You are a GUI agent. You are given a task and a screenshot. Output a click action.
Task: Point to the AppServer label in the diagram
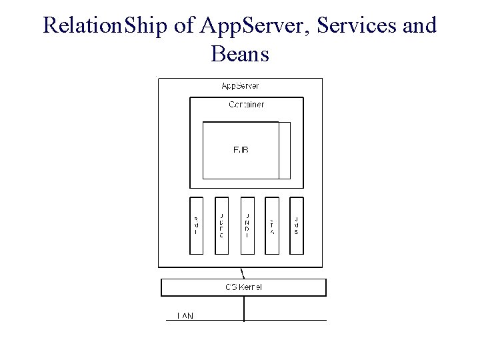pos(240,85)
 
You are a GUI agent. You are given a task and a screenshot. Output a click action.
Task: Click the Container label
pos(246,105)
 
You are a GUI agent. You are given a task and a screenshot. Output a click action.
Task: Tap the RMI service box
pos(196,225)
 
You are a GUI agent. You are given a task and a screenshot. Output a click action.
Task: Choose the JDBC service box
pos(221,225)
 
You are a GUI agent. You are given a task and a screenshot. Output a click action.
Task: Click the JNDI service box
pos(247,225)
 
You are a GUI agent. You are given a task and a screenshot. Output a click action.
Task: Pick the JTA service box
pos(272,225)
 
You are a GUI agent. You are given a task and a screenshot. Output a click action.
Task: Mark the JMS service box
pos(297,225)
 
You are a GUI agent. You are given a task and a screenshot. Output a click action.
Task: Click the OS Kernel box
pos(244,287)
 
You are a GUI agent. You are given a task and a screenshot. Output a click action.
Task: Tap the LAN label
pos(185,315)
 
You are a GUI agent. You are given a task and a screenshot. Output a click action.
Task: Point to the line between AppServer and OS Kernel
pos(243,273)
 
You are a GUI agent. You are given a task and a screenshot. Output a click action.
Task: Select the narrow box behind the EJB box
pos(285,151)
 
